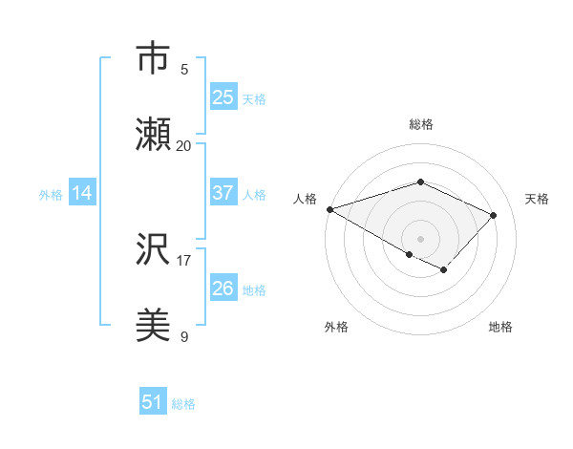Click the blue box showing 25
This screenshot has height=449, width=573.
(x=223, y=96)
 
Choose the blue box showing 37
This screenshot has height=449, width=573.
(x=223, y=193)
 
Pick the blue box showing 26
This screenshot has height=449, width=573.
(x=223, y=289)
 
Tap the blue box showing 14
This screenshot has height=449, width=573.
(x=82, y=193)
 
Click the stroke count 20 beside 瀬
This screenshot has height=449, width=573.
(x=184, y=145)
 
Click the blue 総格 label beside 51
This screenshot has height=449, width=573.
(x=183, y=404)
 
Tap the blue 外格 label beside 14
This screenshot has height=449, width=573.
(x=51, y=194)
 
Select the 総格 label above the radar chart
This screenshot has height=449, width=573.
(x=421, y=124)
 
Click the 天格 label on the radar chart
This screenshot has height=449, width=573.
(x=537, y=199)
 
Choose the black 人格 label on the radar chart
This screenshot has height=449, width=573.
(x=306, y=199)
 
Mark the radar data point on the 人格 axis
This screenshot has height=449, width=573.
(x=329, y=209)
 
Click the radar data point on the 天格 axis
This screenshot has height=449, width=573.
(x=494, y=215)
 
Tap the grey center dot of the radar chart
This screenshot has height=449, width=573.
(x=420, y=238)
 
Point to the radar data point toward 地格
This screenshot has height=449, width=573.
(x=443, y=270)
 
